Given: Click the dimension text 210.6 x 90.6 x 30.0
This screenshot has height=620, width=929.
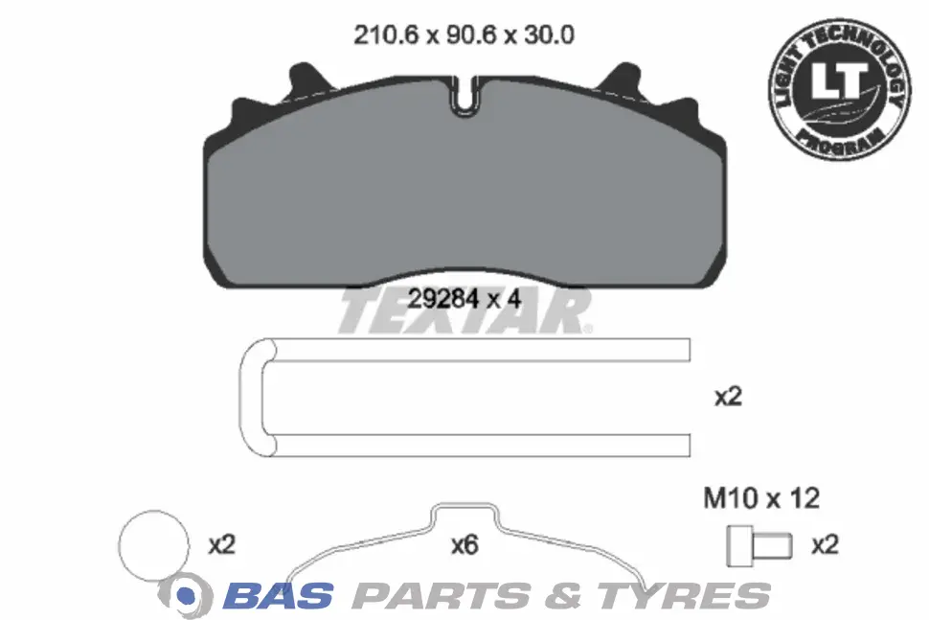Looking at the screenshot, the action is [464, 35].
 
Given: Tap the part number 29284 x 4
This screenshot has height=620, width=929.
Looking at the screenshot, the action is [464, 299].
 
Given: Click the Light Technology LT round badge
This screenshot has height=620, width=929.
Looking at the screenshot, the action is [840, 89].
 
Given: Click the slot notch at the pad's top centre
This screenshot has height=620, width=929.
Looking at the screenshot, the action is [466, 95].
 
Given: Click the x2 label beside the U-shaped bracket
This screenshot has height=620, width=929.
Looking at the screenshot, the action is [728, 397].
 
